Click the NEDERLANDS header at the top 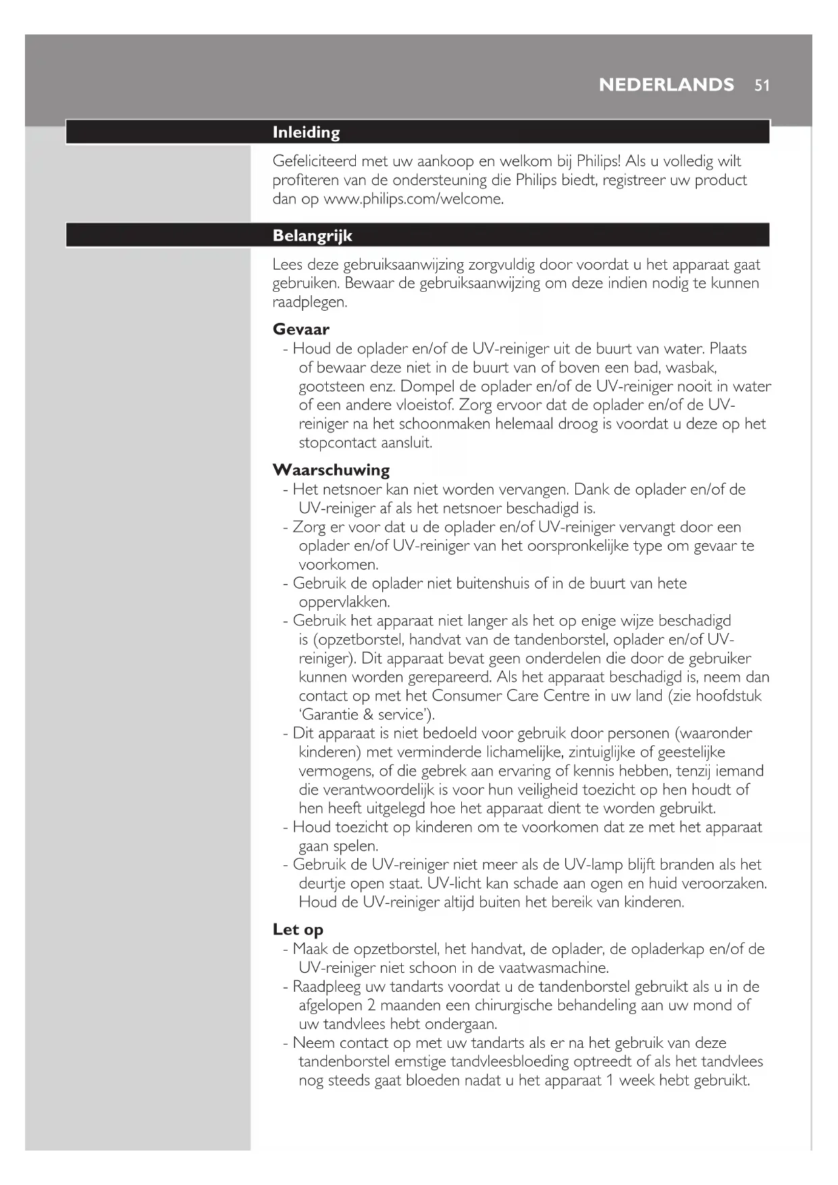coord(666,85)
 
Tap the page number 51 coord(762,86)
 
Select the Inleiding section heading coord(306,132)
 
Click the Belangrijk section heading coord(312,236)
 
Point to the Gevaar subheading coord(300,330)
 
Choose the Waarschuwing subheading coord(331,470)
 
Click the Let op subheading coord(298,930)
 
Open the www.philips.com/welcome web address coord(414,200)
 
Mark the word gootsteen coord(332,387)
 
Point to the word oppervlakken coord(344,602)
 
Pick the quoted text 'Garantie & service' coord(367,715)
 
